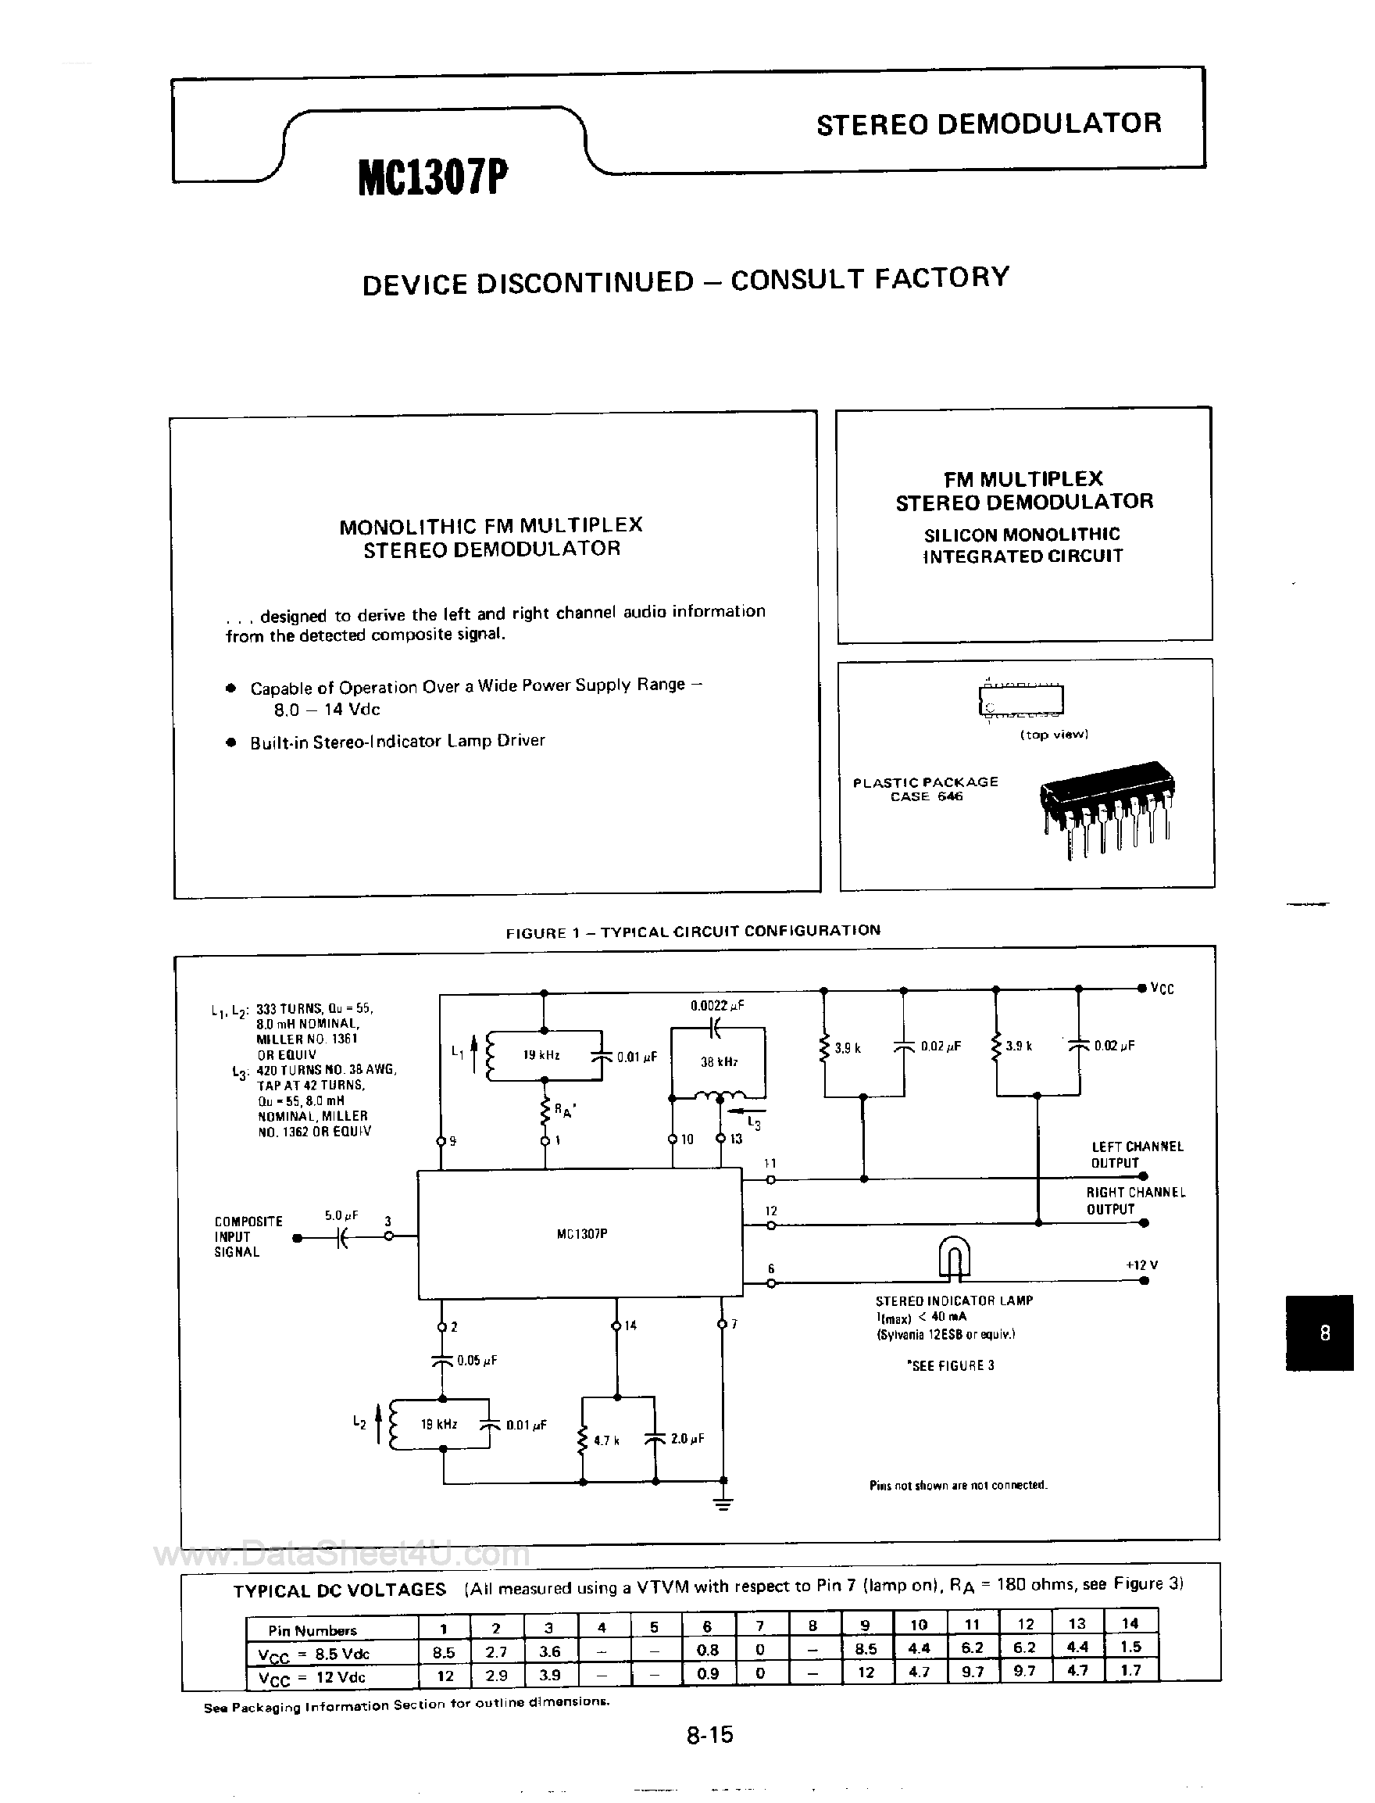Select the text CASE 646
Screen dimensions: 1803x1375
pos(926,796)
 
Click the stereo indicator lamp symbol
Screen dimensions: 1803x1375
pos(953,1256)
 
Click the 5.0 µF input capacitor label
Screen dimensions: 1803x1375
pos(341,1216)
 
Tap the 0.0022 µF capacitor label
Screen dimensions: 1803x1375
pos(716,1006)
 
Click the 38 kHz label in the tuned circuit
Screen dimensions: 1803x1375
pos(719,1062)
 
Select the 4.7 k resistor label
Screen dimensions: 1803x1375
pos(606,1440)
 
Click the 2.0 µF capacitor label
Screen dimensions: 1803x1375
pos(687,1439)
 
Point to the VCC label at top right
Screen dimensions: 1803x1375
pos(1162,989)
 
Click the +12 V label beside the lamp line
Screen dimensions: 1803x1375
pos(1141,1265)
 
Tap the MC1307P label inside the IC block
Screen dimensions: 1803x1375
pos(581,1234)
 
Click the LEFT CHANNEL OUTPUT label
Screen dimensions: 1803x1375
pos(1136,1154)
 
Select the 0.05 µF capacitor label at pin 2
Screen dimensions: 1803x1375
pos(477,1360)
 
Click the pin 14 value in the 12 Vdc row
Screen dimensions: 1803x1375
pos(1130,1669)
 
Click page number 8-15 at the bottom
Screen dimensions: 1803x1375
pos(709,1734)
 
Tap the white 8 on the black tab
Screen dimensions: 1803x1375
pos(1324,1333)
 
